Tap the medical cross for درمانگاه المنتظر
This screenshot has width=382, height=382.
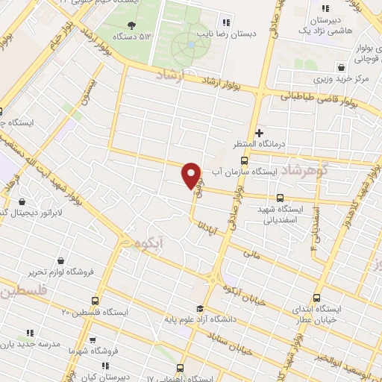pyautogui.click(x=259, y=133)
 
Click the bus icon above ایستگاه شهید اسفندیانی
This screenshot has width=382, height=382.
pyautogui.click(x=280, y=198)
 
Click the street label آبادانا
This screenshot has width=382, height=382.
pyautogui.click(x=213, y=231)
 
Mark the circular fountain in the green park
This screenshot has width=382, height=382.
pyautogui.click(x=190, y=46)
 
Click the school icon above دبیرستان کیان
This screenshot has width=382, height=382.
pyautogui.click(x=104, y=366)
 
